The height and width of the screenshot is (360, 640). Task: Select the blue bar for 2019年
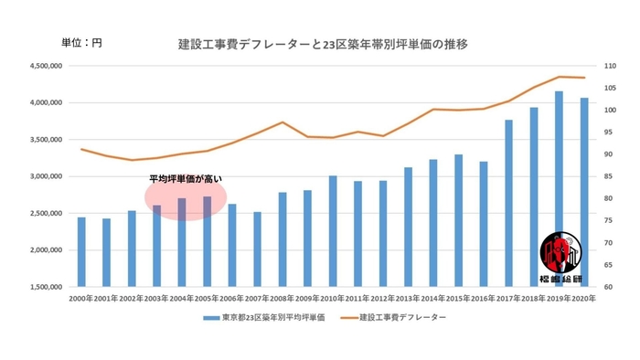(560, 189)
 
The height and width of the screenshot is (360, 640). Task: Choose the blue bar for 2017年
(509, 203)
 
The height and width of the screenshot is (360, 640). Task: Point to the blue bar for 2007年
(257, 249)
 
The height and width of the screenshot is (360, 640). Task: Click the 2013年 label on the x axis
(408, 298)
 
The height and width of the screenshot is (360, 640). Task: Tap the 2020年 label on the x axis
(583, 298)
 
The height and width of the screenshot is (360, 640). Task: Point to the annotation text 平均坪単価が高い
(186, 179)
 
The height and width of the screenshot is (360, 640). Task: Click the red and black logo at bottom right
(558, 256)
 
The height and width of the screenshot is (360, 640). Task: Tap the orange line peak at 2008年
(283, 122)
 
